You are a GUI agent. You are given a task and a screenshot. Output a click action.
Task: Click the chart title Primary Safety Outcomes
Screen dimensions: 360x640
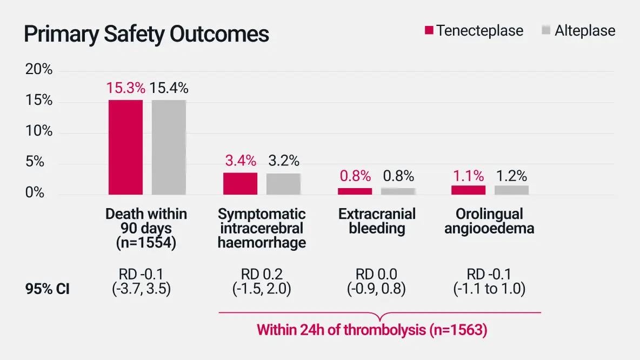pos(146,34)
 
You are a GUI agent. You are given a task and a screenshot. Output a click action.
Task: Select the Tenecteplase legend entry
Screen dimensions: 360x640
pos(474,30)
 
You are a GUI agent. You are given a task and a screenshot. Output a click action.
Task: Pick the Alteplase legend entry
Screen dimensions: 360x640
pos(578,30)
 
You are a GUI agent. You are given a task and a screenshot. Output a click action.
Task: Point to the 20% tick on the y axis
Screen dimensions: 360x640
pos(39,70)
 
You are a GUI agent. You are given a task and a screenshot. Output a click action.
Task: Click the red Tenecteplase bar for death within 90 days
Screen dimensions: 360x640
pos(125,147)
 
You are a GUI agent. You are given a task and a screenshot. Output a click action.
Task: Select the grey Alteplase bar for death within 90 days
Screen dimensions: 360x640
pos(169,147)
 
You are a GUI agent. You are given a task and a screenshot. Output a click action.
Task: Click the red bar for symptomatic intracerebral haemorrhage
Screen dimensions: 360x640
pos(240,184)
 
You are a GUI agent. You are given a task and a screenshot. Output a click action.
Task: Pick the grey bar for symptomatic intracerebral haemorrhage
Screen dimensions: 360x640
pos(283,184)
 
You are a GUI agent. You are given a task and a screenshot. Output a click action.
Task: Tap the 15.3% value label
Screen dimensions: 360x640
pos(125,88)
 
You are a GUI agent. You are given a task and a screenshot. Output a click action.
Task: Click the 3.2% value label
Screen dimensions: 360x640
pos(283,161)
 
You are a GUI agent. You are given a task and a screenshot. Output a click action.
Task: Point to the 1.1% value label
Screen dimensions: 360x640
pos(468,176)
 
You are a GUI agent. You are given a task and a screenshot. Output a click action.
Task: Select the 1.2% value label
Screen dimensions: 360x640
pos(511,176)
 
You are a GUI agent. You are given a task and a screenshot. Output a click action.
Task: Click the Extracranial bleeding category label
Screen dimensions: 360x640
pos(377,221)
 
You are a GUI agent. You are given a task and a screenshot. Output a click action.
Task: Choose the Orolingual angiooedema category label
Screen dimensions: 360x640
pos(489,221)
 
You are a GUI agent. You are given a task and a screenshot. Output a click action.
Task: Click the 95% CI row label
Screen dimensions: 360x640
pos(48,289)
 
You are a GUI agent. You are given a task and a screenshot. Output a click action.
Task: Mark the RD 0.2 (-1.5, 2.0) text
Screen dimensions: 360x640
pos(262,282)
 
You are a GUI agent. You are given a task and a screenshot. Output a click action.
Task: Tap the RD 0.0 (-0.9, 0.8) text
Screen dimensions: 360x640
pos(377,282)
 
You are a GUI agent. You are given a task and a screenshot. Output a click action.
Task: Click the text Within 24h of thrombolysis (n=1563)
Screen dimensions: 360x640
pos(372,330)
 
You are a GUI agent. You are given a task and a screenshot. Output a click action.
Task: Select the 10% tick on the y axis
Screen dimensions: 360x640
pos(39,131)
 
